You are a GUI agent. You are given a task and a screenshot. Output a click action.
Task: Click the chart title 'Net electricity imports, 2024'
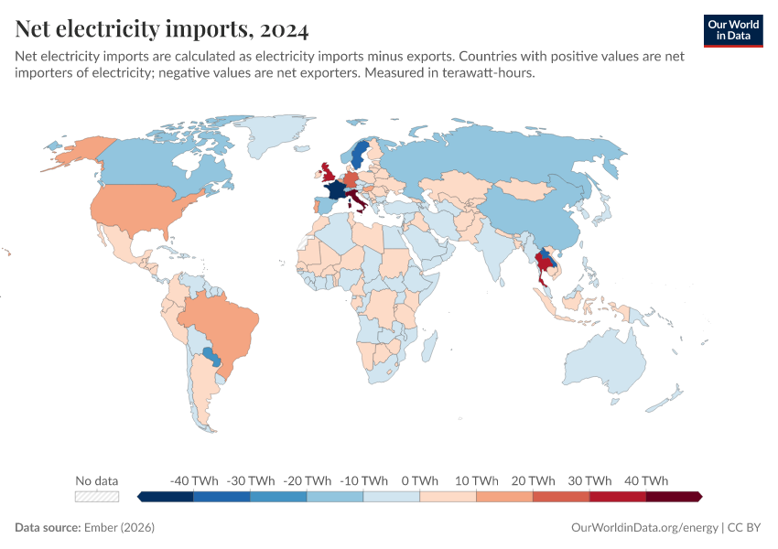[x=162, y=29]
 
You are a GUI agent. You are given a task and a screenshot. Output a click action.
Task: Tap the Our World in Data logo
[x=733, y=30]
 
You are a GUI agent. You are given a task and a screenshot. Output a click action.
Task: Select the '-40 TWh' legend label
[x=194, y=480]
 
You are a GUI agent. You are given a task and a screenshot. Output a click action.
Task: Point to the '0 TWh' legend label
[x=420, y=480]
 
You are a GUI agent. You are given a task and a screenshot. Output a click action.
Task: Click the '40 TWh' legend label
[x=646, y=480]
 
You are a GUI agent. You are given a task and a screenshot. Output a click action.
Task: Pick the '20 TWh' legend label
[x=533, y=480]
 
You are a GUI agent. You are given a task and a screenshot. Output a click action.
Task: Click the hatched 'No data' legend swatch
[x=97, y=496]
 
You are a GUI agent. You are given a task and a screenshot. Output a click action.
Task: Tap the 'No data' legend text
[x=97, y=480]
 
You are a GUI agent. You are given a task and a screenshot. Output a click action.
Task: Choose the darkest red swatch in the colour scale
[x=673, y=496]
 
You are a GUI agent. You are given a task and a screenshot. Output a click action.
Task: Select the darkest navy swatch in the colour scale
[x=167, y=496]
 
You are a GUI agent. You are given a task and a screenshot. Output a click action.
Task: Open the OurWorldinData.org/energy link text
[x=643, y=528]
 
